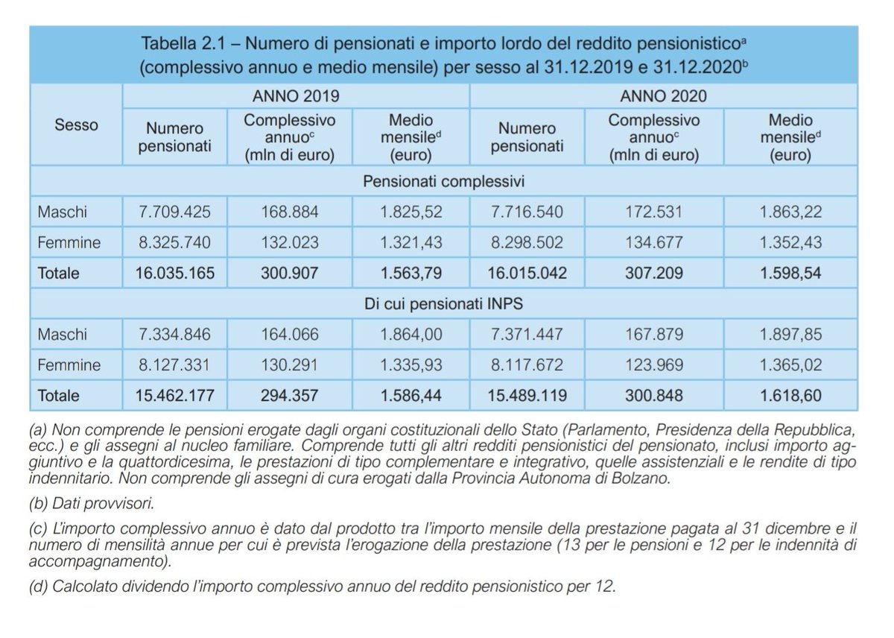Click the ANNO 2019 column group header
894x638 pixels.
point(296,95)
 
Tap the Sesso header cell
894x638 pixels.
point(76,124)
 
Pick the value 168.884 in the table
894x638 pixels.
point(290,212)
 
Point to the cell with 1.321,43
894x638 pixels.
point(411,242)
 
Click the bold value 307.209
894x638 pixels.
point(654,273)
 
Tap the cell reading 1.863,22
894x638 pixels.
point(790,212)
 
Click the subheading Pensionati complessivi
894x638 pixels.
point(443,181)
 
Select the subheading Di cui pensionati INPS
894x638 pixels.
point(443,304)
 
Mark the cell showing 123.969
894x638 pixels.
point(654,365)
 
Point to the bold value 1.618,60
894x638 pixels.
point(790,396)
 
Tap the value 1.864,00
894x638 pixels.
point(411,335)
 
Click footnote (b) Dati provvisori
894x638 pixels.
point(92,503)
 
